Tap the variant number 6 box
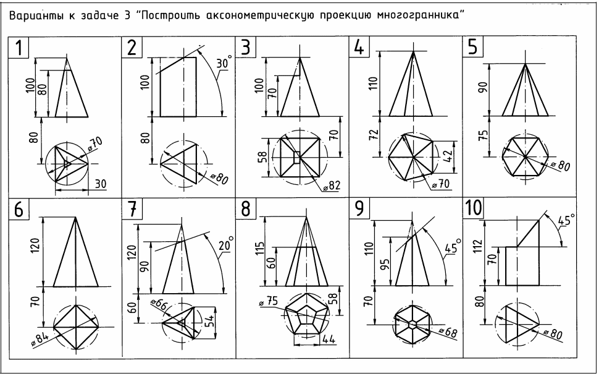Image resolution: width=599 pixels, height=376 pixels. pyautogui.click(x=19, y=210)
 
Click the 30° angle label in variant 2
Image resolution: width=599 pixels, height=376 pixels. pyautogui.click(x=222, y=64)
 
